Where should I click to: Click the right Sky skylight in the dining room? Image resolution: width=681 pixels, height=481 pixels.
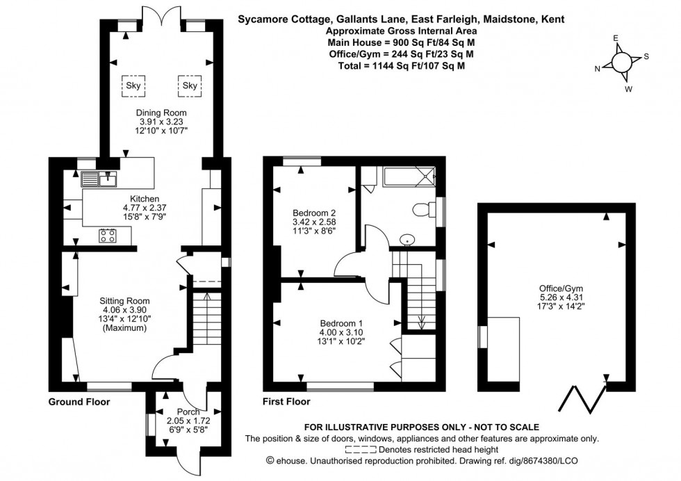point(189,85)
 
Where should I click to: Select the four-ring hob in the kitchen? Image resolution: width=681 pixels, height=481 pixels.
point(108,236)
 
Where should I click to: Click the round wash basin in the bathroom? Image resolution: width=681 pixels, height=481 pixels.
point(408,241)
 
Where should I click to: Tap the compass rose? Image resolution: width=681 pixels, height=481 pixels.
point(621,63)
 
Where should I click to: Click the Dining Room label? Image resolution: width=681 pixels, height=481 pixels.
point(161,113)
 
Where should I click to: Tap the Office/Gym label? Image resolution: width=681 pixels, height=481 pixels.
point(557,289)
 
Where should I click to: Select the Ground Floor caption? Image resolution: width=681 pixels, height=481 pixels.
point(79,402)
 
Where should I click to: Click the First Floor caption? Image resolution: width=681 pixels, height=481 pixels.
point(286,402)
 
